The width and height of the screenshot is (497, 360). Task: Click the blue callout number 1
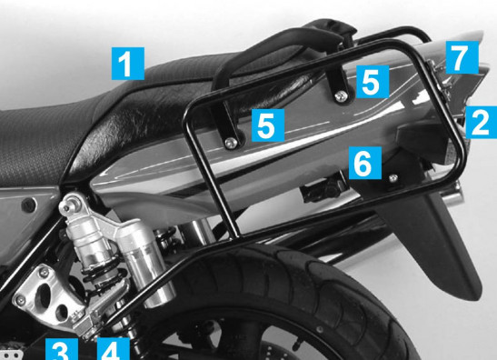[x=128, y=64]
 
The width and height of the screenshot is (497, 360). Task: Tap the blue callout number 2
[x=481, y=122]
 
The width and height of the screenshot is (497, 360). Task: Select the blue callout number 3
[x=61, y=349]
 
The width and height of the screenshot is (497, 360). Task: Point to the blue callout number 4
[x=114, y=349]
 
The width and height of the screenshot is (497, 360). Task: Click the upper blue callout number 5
[x=373, y=82]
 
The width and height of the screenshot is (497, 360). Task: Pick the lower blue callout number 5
[x=268, y=125]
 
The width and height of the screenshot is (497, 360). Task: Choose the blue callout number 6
[x=365, y=163]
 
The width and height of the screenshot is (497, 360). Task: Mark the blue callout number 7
[x=462, y=57]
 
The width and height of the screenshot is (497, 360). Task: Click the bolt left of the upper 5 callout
[x=341, y=96]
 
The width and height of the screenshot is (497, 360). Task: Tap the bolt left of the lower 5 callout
[x=231, y=143]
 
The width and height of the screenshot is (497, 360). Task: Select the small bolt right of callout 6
[x=393, y=178]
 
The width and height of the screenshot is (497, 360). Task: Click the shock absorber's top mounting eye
[x=67, y=204]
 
